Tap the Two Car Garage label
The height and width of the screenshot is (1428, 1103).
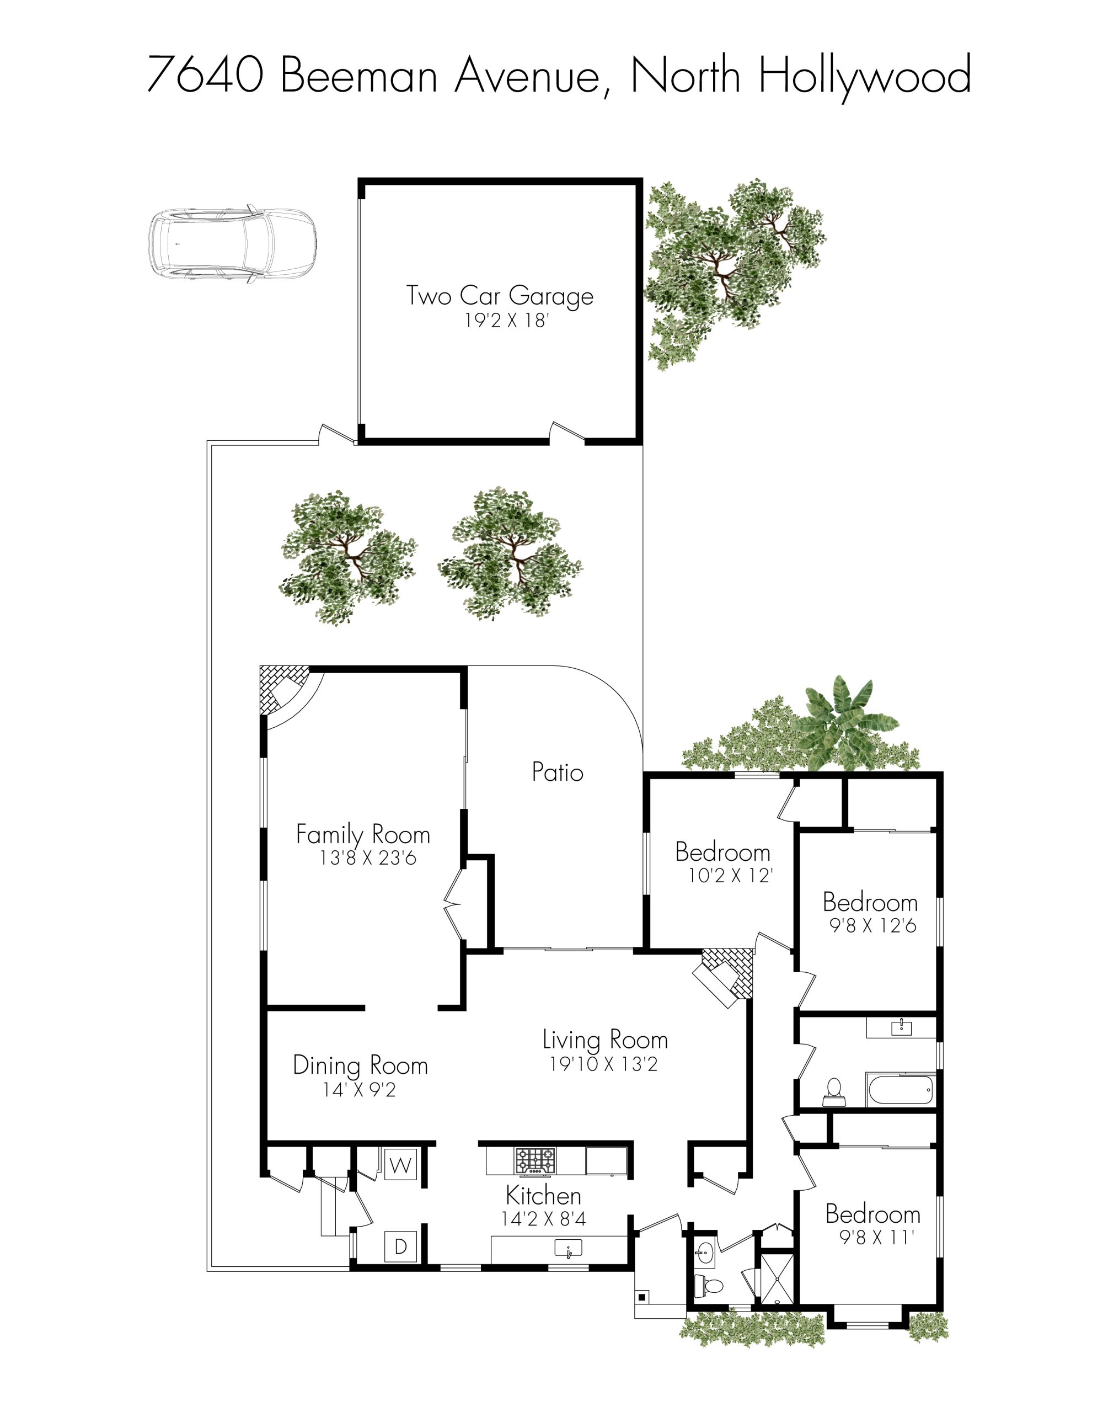499,296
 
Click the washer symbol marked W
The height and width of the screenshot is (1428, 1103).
400,1165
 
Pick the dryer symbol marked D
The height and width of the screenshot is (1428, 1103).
400,1247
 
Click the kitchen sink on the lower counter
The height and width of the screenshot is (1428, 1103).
568,1249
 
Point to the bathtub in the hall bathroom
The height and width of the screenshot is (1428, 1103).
900,1089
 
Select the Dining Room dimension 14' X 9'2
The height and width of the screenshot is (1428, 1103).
360,1090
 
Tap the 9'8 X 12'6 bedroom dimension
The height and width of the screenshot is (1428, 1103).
872,925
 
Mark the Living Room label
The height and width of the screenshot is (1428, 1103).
604,1040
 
